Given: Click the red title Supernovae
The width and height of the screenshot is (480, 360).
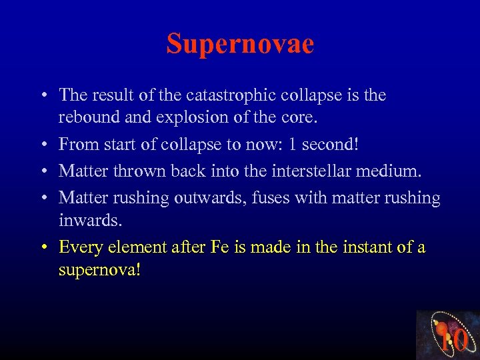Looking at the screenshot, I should point(240,44).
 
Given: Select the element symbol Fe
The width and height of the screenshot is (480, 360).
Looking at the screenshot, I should point(219,247).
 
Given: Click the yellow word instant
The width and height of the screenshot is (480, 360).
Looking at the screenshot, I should point(357,247).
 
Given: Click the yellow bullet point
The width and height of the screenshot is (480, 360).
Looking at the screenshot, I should point(42,248).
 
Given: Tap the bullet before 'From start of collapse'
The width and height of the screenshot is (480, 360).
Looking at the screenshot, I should point(42,145).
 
